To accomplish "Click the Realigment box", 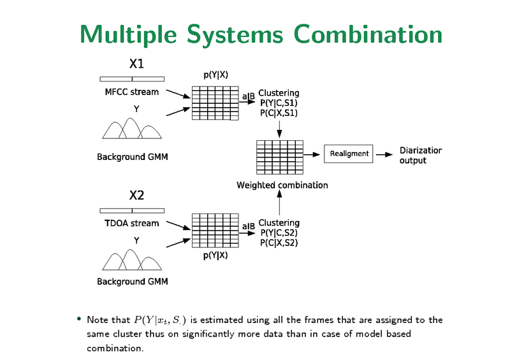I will click(x=349, y=154).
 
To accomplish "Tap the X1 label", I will click(x=136, y=64).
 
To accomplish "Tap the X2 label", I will click(x=136, y=195).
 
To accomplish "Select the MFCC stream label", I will click(x=132, y=92).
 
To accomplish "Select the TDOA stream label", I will click(x=132, y=223).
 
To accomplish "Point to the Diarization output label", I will click(x=421, y=155).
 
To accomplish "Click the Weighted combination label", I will click(x=282, y=185).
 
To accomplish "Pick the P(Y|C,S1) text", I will click(x=279, y=103).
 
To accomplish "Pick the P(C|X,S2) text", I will click(x=279, y=243).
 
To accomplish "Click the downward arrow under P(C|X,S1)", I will click(x=279, y=129).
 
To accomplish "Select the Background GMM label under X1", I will click(x=132, y=157).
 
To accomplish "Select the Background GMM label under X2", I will click(x=132, y=281).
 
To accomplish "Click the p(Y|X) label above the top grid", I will click(x=216, y=75).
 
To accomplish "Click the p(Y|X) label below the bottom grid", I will click(x=216, y=256).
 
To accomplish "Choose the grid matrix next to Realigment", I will click(x=279, y=156).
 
